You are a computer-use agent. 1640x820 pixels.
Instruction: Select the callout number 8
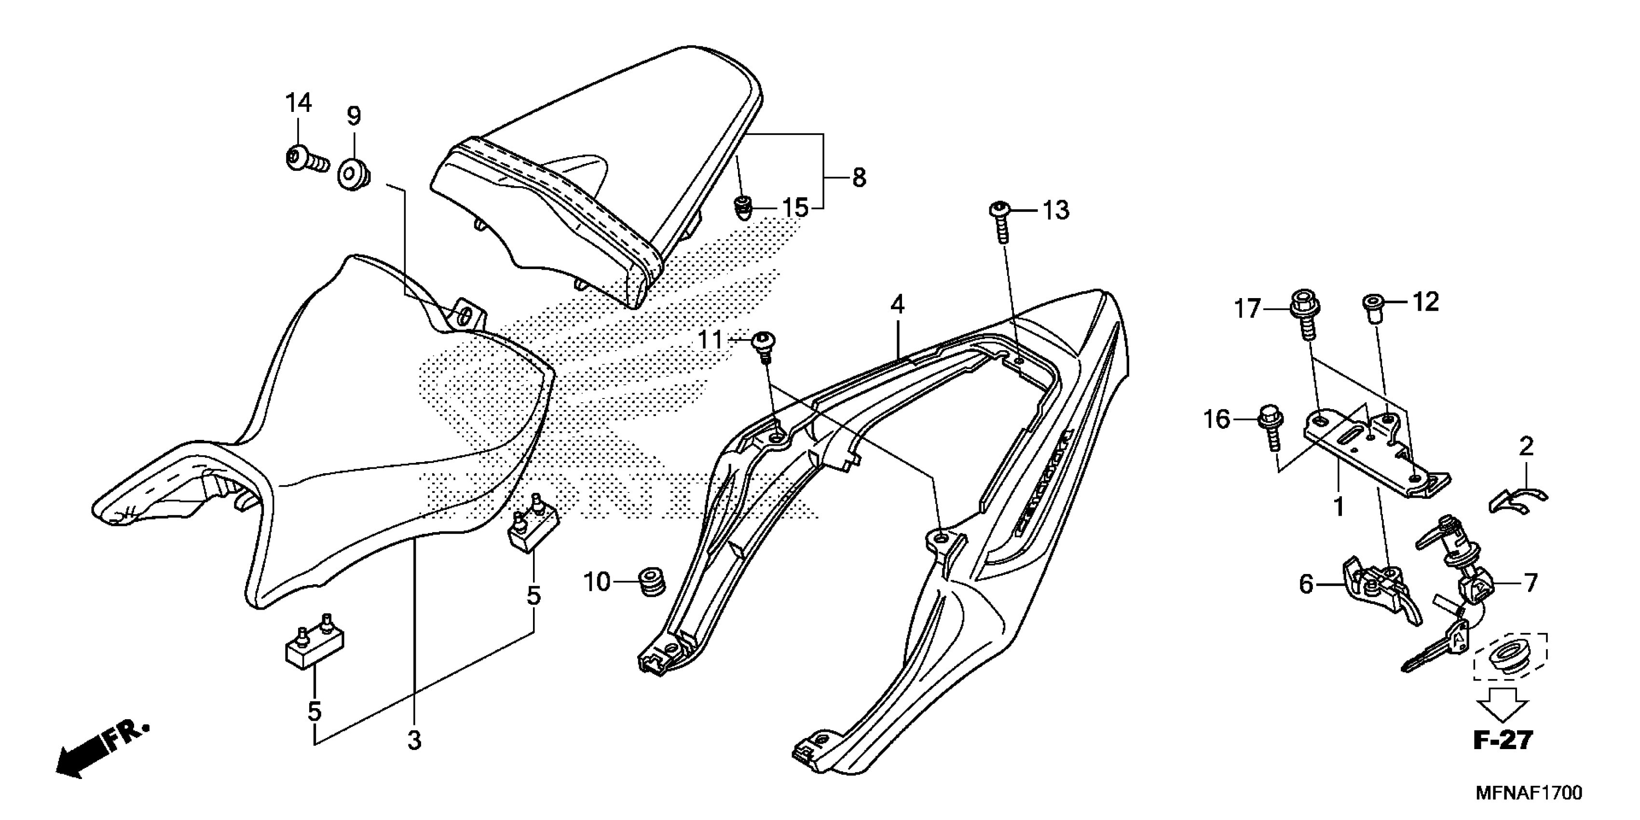(x=859, y=178)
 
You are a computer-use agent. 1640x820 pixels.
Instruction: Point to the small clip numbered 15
(x=742, y=207)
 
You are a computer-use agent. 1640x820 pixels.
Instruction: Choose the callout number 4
(x=897, y=305)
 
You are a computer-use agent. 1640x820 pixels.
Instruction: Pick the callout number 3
(x=414, y=740)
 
